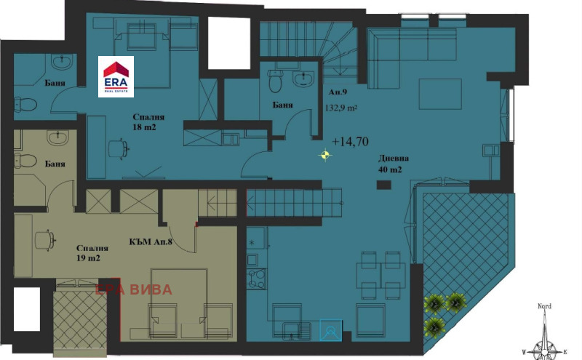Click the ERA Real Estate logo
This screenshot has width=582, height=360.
tap(116, 76)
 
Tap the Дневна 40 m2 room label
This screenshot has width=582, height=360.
tap(393, 164)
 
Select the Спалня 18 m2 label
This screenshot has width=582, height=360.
tap(148, 122)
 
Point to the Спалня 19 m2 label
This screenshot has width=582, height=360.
tap(92, 253)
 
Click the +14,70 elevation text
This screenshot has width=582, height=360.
tap(350, 141)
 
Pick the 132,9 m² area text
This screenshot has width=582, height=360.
tap(341, 108)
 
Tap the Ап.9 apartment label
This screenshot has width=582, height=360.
tap(338, 92)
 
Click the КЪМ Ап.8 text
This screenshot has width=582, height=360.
tap(151, 242)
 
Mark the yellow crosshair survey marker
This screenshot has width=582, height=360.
tap(325, 155)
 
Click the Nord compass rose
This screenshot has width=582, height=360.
tap(545, 334)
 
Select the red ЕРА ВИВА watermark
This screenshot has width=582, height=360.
tap(134, 289)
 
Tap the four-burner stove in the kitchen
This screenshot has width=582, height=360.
tap(257, 279)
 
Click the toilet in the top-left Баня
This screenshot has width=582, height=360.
tap(25, 104)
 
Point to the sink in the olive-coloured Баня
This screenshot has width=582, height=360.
tap(58, 137)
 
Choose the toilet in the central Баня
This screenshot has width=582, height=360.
tap(275, 81)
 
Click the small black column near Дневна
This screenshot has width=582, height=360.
tap(384, 185)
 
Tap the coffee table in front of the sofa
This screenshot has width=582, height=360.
tap(440, 94)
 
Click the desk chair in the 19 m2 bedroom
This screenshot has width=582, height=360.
tap(45, 241)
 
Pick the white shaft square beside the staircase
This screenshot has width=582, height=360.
tap(229, 43)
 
